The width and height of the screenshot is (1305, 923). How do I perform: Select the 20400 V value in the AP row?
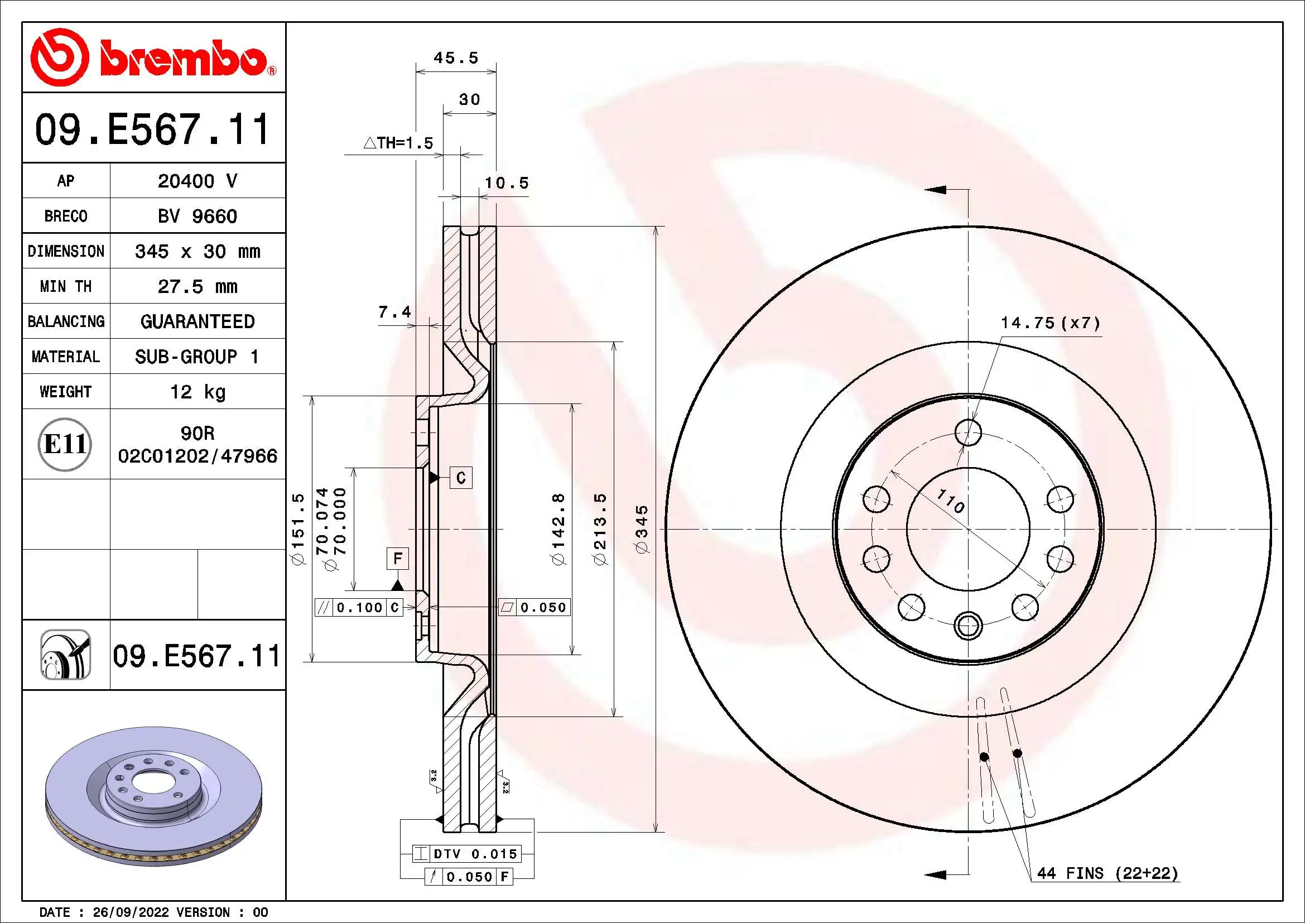click(197, 181)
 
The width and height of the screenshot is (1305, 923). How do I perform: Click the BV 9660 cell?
click(197, 217)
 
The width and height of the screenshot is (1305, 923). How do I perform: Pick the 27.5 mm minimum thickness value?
click(197, 286)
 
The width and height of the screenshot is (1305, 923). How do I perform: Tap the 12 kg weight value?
click(197, 392)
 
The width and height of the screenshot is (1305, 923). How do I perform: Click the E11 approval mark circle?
click(65, 444)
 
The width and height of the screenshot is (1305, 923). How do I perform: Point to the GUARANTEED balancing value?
click(197, 321)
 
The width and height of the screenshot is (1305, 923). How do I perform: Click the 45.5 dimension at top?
click(456, 58)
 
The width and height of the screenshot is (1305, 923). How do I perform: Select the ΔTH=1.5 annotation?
click(398, 143)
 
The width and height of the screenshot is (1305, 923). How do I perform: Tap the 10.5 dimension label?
click(507, 183)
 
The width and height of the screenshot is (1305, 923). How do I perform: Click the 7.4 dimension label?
click(394, 312)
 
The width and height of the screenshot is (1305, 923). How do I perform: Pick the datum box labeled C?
click(460, 478)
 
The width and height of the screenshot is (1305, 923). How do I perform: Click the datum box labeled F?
click(397, 559)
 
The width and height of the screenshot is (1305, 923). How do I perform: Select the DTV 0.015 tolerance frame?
click(466, 854)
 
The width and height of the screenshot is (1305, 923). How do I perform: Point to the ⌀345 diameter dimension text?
click(642, 529)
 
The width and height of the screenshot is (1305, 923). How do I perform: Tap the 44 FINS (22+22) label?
click(1107, 873)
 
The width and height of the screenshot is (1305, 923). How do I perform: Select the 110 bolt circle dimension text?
click(950, 501)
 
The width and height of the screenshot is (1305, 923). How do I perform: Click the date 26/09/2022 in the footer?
click(131, 912)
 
